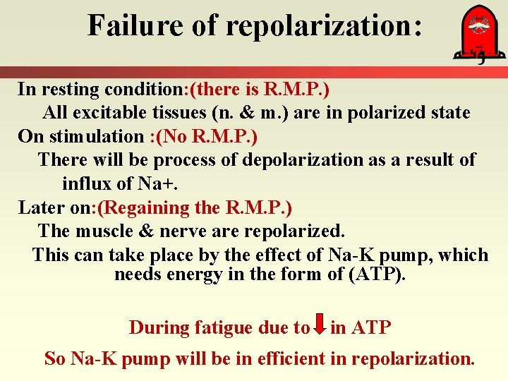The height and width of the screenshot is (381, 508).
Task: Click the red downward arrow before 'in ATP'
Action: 320,325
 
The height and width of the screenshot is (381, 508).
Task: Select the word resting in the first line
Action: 69,90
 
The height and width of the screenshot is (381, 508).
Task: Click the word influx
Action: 85,184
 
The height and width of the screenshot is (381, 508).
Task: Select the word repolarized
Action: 292,231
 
